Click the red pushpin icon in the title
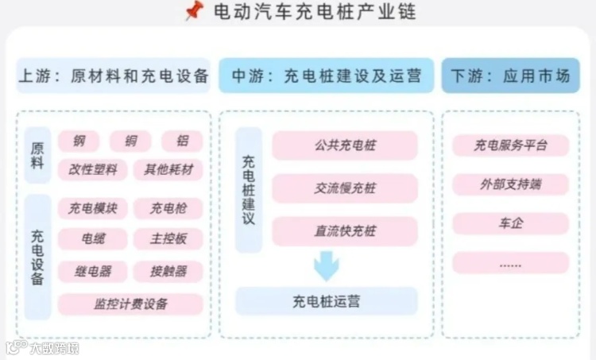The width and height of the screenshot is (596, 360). (x=193, y=12)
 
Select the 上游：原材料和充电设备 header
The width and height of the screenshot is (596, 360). (x=113, y=76)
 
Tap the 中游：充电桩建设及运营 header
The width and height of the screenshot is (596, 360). (x=326, y=76)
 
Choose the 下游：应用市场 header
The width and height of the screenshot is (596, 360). (x=510, y=76)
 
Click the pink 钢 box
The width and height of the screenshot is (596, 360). (x=79, y=141)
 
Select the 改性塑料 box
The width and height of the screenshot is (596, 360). (x=92, y=169)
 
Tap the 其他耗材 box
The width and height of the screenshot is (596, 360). (x=168, y=169)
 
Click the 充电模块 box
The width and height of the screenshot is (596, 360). (x=92, y=209)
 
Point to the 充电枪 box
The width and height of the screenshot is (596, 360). (x=168, y=209)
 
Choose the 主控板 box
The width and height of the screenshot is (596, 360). (x=168, y=238)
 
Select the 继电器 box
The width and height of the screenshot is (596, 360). (x=92, y=271)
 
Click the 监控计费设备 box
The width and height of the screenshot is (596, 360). (x=130, y=304)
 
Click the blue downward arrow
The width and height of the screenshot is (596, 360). (x=326, y=265)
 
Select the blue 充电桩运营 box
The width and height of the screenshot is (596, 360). (x=326, y=301)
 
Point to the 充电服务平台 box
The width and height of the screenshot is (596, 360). (x=510, y=145)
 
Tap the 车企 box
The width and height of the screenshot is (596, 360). (x=510, y=223)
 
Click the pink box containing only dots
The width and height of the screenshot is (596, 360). (x=510, y=263)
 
